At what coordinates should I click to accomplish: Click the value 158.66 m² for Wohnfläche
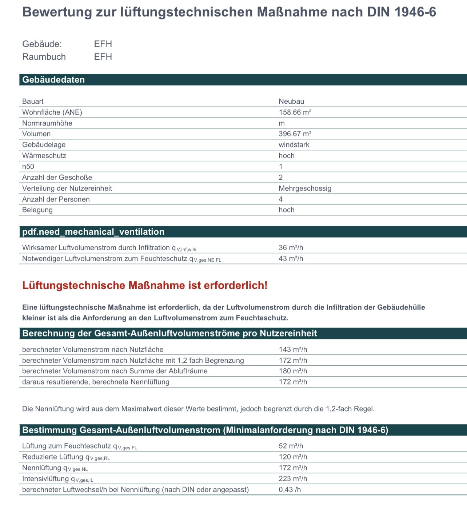point(295,112)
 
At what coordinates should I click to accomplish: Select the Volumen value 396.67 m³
point(295,134)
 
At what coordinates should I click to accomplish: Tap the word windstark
point(294,144)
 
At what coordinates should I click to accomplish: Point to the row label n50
point(28,166)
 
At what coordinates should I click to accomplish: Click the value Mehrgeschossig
point(305,188)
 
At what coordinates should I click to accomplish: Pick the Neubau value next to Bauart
point(291,101)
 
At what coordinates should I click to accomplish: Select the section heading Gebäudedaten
point(53,80)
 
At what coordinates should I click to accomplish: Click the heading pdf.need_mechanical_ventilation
point(93,232)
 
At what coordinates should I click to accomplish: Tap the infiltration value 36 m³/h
point(291,247)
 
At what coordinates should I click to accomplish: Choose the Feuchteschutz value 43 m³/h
point(291,258)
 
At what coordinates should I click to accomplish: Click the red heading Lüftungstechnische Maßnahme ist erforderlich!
point(145,285)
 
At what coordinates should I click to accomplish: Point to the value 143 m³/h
point(293,349)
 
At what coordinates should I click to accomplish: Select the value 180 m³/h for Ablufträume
point(293,371)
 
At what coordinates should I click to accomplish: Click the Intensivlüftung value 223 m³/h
point(293,478)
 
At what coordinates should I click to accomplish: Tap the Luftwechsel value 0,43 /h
point(290,489)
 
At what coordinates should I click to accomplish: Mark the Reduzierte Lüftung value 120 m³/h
point(293,457)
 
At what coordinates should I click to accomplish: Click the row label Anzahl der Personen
point(56,199)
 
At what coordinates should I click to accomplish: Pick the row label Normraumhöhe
point(47,123)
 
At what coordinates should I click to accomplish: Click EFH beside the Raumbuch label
point(103,57)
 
